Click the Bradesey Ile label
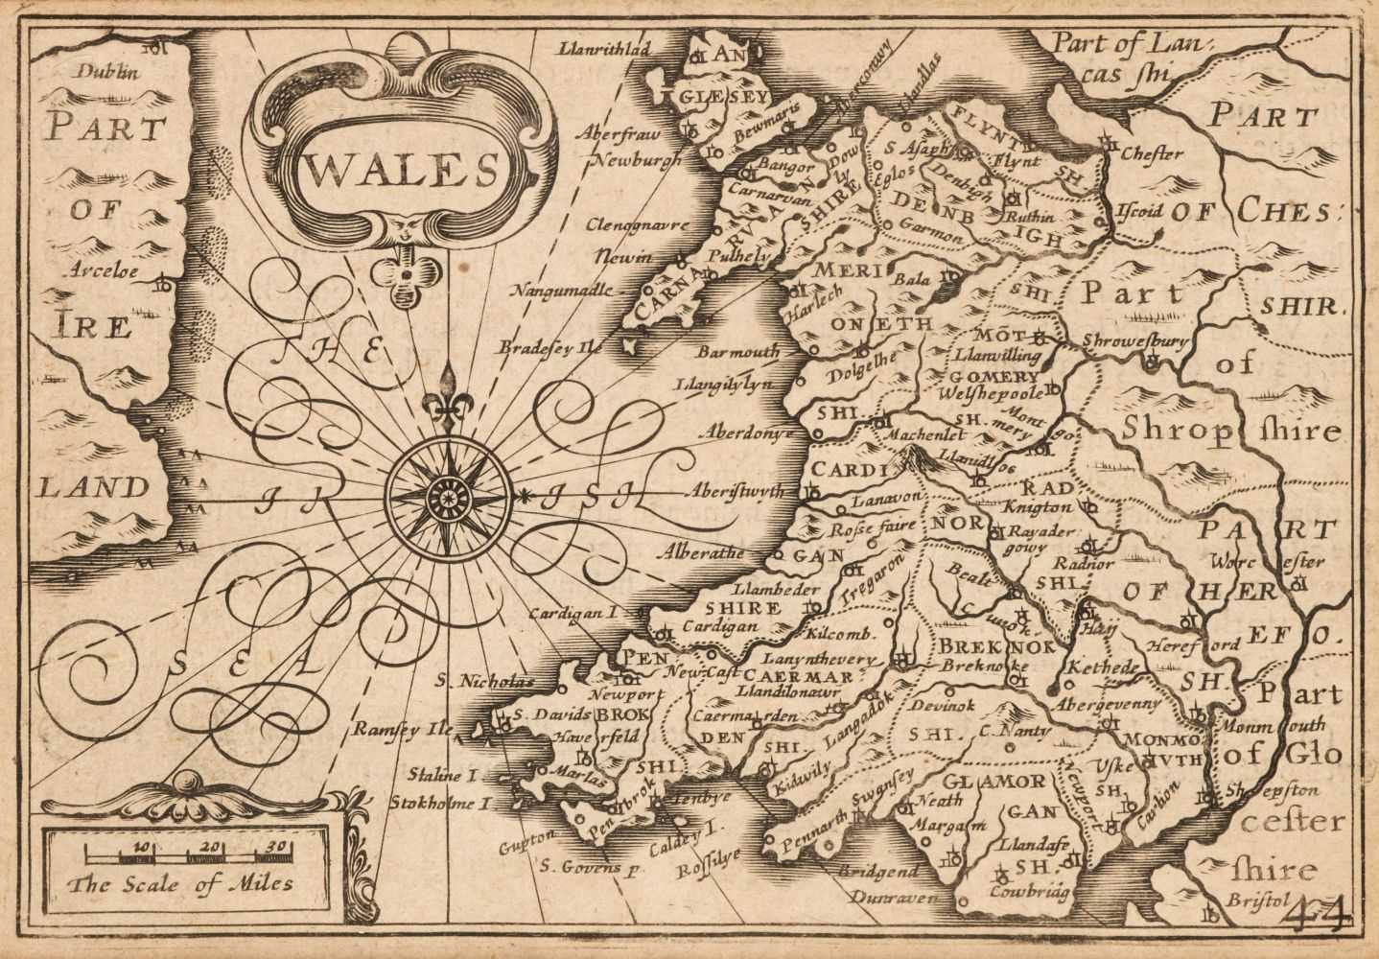pos(549,349)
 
